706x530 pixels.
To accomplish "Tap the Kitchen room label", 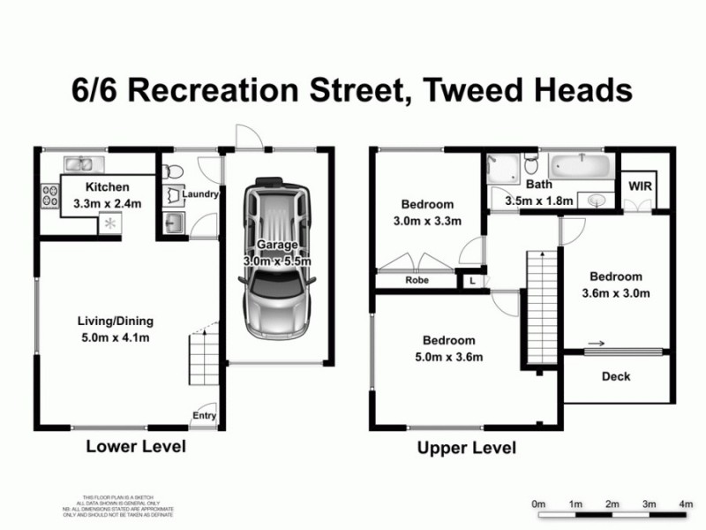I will coord(107,187).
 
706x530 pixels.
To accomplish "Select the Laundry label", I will coord(200,194).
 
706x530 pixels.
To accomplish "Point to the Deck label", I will coord(616,376).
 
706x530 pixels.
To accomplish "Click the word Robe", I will coord(417,281).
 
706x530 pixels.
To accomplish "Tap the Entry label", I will coord(204,416).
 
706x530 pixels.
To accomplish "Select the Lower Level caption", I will coord(136,446).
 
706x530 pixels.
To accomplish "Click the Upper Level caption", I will coord(466,448).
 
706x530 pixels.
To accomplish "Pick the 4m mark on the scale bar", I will coord(686,503).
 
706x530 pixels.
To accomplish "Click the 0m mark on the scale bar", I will coord(539,503).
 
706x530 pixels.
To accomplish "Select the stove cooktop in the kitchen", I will coord(48,195).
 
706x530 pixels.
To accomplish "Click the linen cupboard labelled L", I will coord(472,281).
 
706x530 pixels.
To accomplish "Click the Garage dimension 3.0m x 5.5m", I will coord(277,261).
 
